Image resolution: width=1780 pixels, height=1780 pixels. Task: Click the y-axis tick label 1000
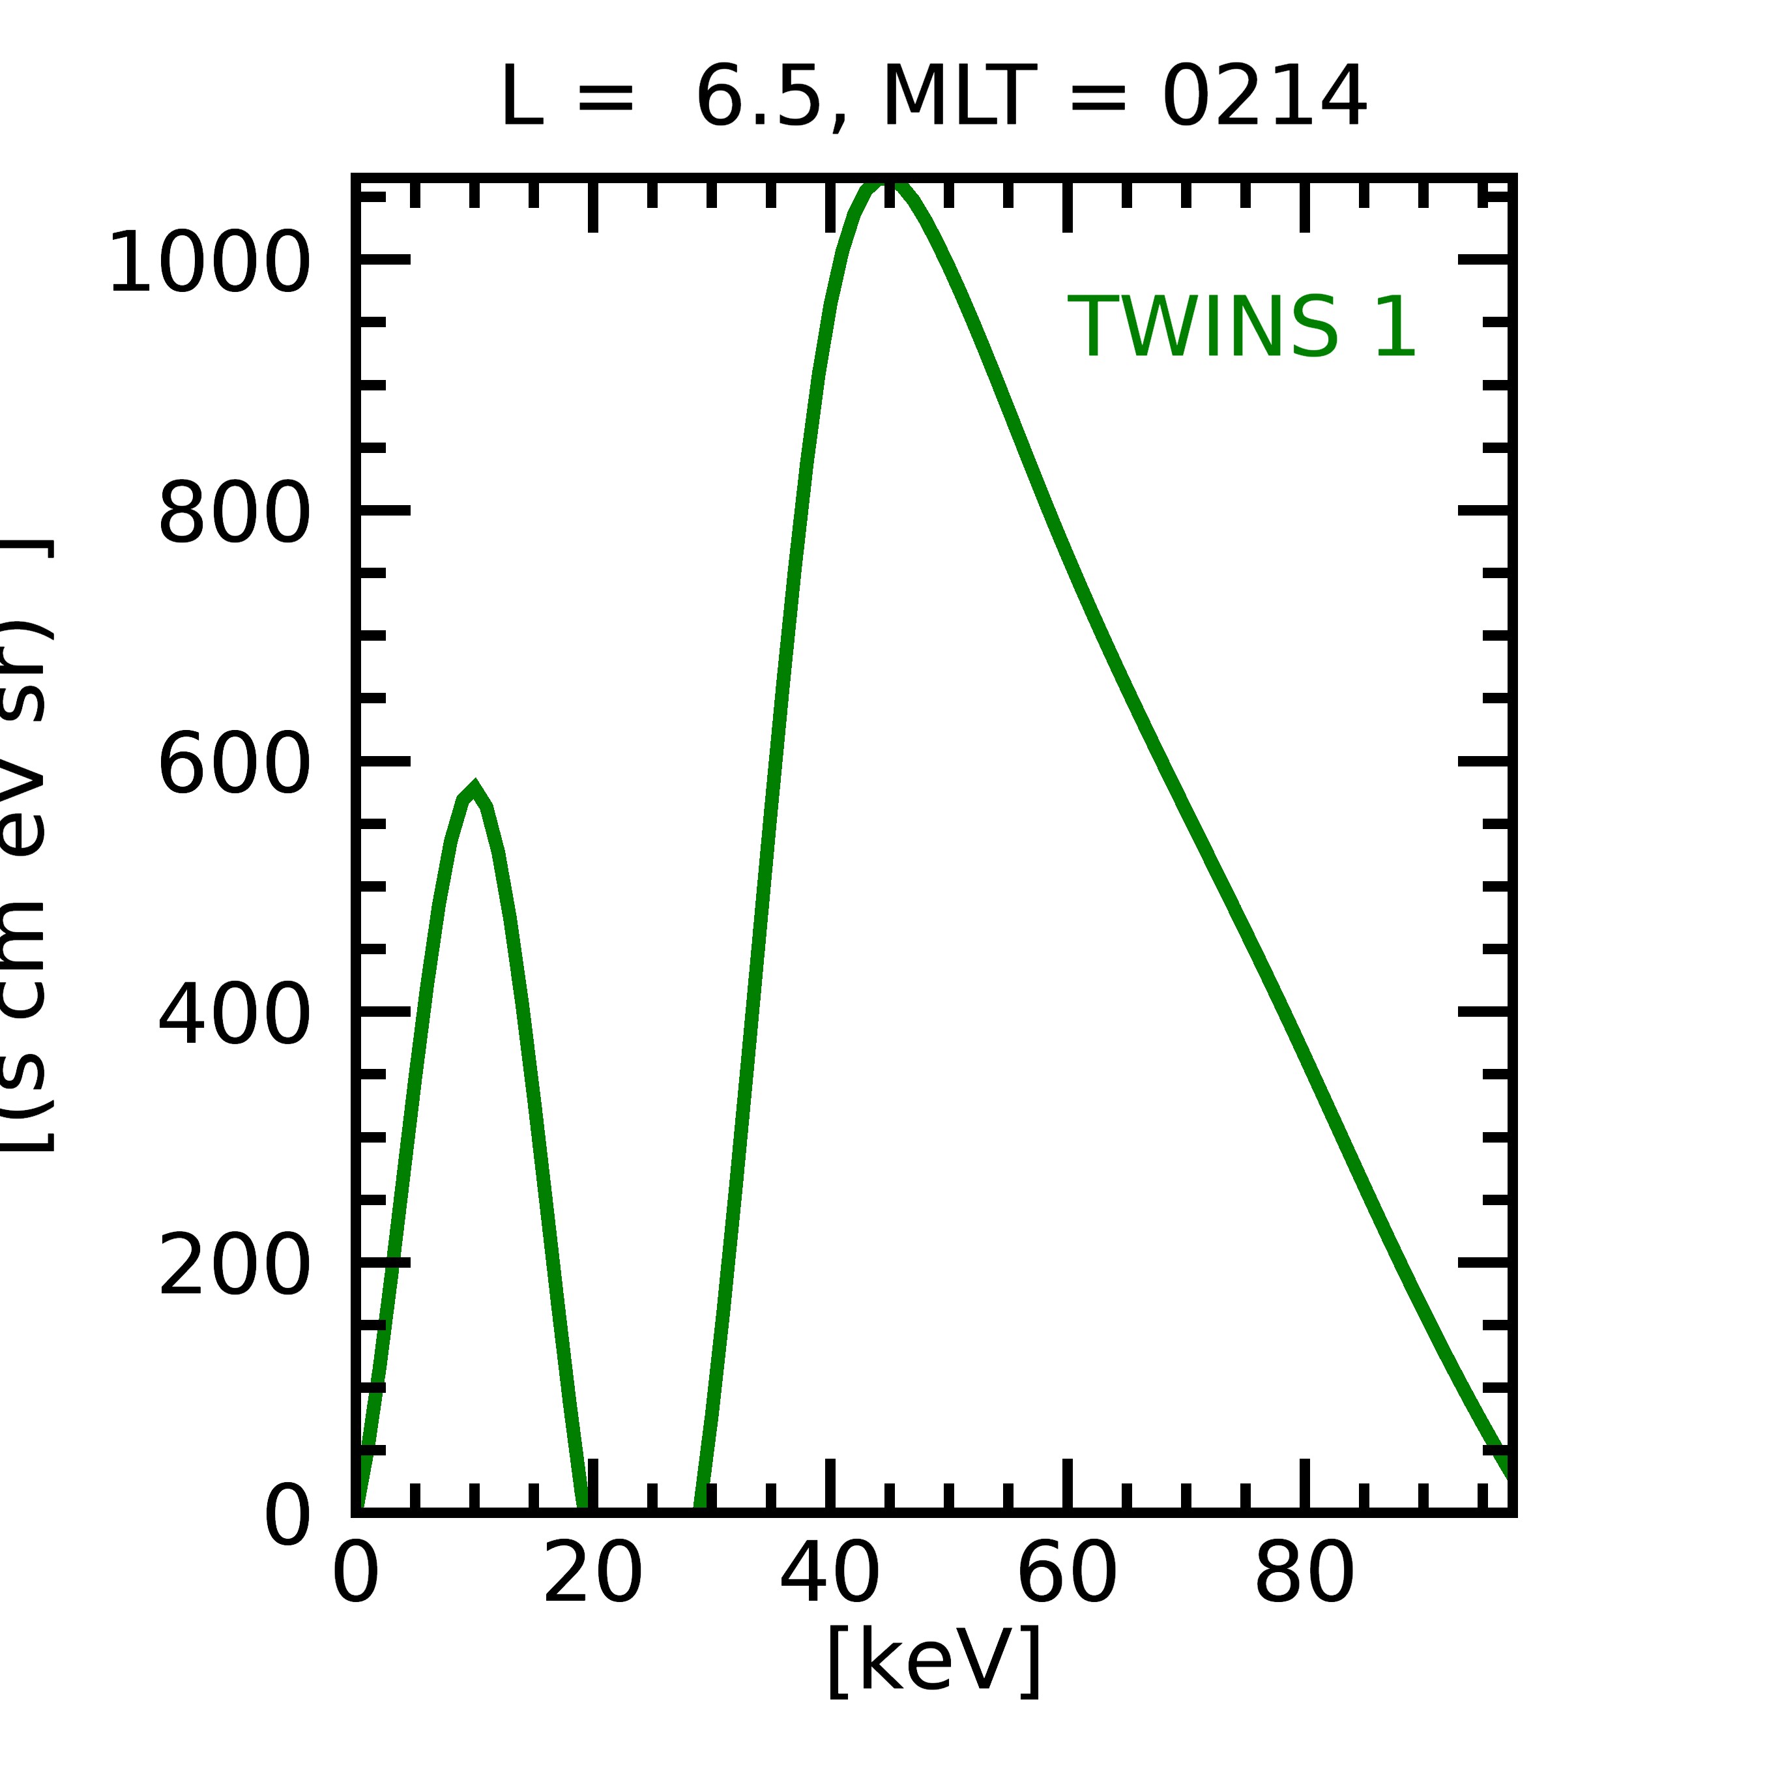coord(209,265)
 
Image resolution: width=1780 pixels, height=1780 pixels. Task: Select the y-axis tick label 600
coord(233,765)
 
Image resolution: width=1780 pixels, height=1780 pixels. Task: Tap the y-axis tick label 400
coord(233,1016)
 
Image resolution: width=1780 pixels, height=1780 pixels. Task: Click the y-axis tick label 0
coord(287,1517)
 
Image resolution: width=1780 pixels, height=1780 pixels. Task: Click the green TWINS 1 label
coord(1241,328)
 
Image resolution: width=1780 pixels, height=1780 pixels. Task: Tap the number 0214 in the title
coord(1263,98)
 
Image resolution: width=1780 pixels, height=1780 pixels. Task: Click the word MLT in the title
coord(958,98)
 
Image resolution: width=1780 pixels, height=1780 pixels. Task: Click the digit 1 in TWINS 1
coord(1395,328)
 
